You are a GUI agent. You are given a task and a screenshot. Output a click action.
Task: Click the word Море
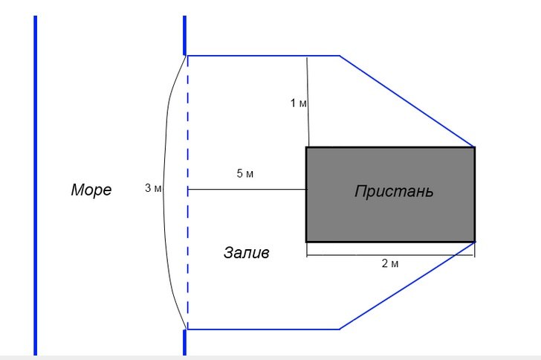91,190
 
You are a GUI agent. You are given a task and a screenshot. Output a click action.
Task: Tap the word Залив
246,253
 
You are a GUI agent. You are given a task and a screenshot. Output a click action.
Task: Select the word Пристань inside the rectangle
393,191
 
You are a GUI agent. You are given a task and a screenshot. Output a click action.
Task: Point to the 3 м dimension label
153,189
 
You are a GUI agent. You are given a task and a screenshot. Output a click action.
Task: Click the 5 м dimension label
245,174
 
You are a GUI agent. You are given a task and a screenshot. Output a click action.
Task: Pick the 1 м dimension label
298,103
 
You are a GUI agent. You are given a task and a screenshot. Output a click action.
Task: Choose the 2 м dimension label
390,264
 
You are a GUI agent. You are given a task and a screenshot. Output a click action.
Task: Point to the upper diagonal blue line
407,100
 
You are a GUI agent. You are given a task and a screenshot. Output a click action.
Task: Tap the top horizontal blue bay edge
260,56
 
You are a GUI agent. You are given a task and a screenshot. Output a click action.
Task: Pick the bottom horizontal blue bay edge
260,329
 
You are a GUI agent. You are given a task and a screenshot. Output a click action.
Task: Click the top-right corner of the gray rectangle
474,148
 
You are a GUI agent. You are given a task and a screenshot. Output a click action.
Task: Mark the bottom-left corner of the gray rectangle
307,241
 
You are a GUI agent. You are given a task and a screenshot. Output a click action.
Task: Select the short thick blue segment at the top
184,34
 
